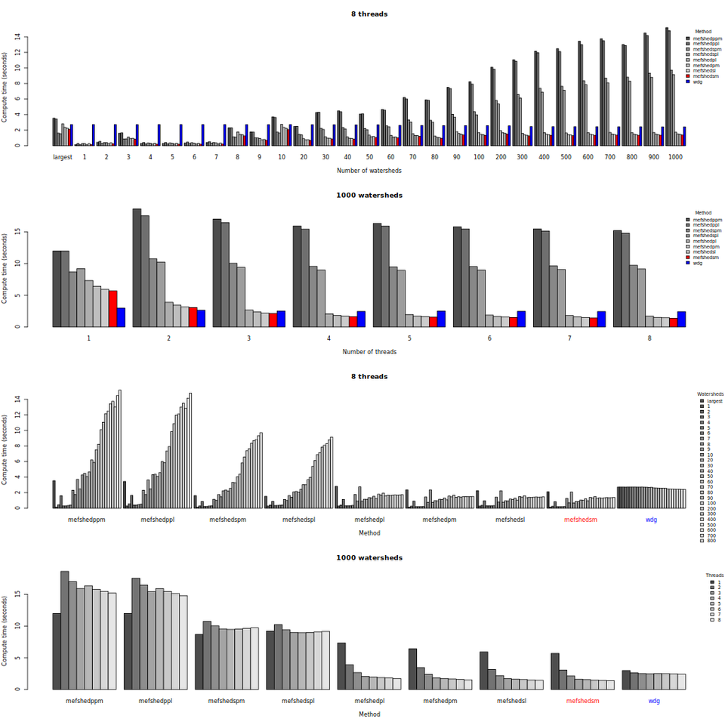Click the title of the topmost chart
pos(369,14)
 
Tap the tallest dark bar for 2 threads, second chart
pos(137,268)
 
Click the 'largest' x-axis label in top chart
pos(62,156)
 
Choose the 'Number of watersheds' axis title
pos(369,171)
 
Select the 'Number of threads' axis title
pos(369,351)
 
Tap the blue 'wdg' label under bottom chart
pos(653,700)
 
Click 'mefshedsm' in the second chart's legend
pos(705,258)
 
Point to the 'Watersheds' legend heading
pos(710,393)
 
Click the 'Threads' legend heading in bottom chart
pos(714,575)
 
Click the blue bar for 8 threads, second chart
pos(681,319)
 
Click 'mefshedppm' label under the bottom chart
pos(84,700)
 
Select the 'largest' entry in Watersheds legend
pos(714,401)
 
